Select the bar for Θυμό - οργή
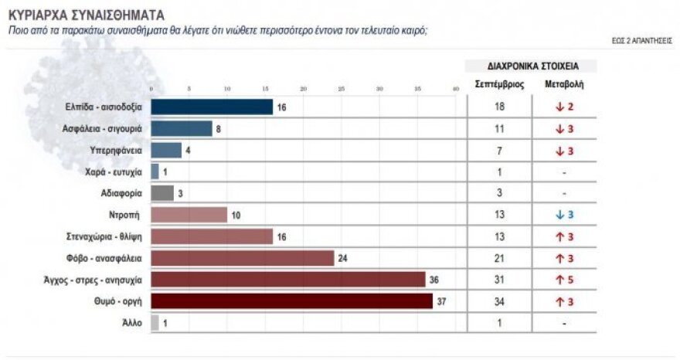(291, 301)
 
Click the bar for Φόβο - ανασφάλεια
(242, 258)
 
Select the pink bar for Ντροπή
(189, 215)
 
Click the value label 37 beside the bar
(443, 301)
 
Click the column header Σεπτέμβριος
(498, 85)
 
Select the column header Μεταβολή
(564, 85)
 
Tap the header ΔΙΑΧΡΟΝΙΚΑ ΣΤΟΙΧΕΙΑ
(531, 66)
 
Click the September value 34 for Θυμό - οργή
(498, 301)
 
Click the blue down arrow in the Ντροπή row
(558, 215)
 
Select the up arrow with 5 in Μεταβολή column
(558, 280)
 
